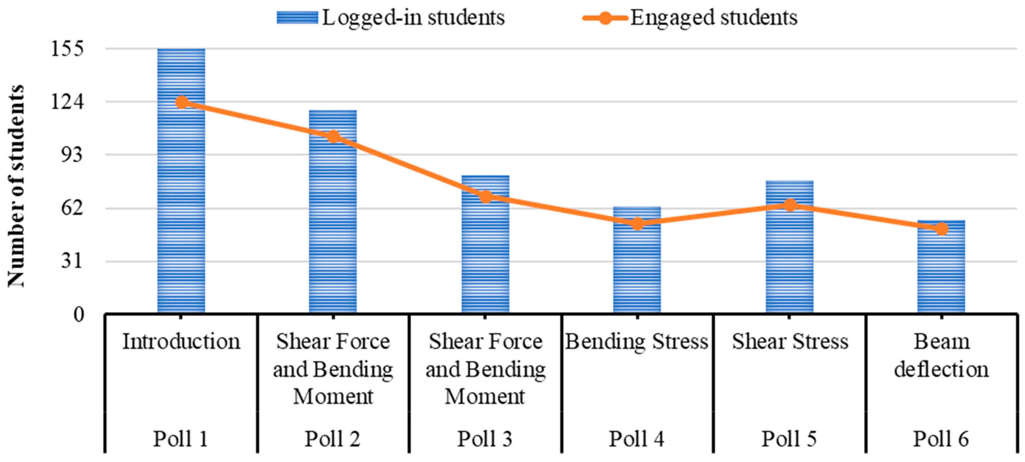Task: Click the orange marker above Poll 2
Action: (x=333, y=136)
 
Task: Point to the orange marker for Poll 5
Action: (x=790, y=205)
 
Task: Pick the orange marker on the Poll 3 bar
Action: (x=485, y=196)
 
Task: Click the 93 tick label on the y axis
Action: (x=71, y=155)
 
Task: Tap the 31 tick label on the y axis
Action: (x=71, y=261)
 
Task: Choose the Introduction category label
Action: (x=181, y=342)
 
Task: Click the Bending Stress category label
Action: (x=637, y=342)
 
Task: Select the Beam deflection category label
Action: (x=941, y=355)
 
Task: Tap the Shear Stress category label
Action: (x=790, y=342)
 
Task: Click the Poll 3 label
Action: (x=485, y=439)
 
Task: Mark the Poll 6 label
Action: (x=941, y=439)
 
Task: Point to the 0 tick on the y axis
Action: (x=79, y=315)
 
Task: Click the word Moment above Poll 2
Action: (x=333, y=396)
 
